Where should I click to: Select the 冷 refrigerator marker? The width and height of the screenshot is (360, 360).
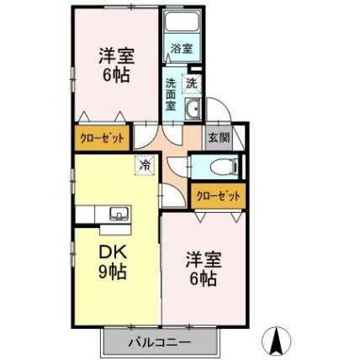[145, 167]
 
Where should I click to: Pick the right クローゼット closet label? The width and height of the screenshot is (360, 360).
[217, 195]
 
